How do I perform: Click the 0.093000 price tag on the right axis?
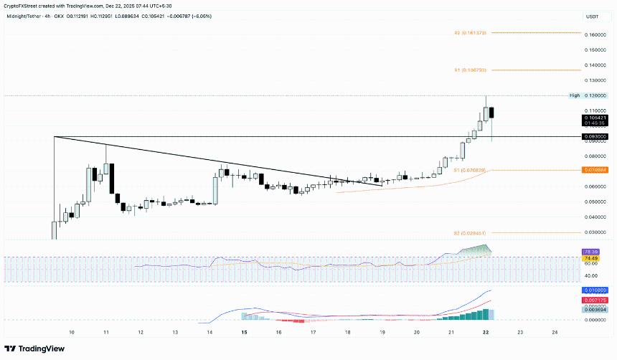coord(595,136)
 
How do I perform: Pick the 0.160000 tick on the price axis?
coord(595,34)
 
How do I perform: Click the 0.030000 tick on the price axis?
coord(595,232)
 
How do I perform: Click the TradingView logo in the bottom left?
coord(36,349)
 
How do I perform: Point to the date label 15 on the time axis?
coord(245,333)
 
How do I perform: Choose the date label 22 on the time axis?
coord(486,333)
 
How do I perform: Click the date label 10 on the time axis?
coord(71,333)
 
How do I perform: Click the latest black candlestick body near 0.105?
coord(491,113)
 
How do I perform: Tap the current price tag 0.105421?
coord(595,118)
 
